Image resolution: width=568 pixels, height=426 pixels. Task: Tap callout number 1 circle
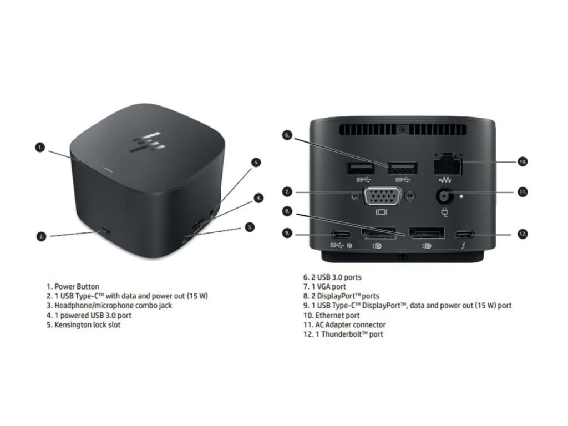click(40, 148)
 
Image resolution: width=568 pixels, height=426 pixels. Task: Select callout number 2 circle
click(41, 236)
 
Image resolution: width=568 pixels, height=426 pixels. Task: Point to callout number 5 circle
click(256, 163)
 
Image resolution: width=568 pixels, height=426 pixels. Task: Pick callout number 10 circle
click(522, 162)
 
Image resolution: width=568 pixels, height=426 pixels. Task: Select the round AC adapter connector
click(444, 196)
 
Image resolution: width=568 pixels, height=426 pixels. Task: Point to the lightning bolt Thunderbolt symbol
click(463, 245)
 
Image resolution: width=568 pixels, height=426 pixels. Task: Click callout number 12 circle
click(522, 234)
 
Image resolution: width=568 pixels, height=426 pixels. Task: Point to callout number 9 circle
click(287, 234)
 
